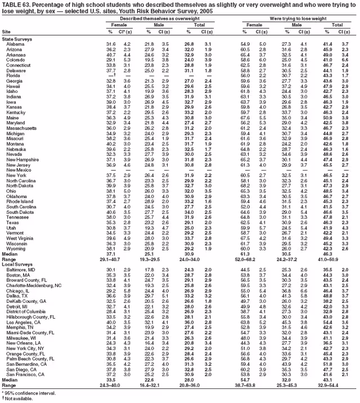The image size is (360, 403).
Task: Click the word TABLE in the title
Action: point(11,4)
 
